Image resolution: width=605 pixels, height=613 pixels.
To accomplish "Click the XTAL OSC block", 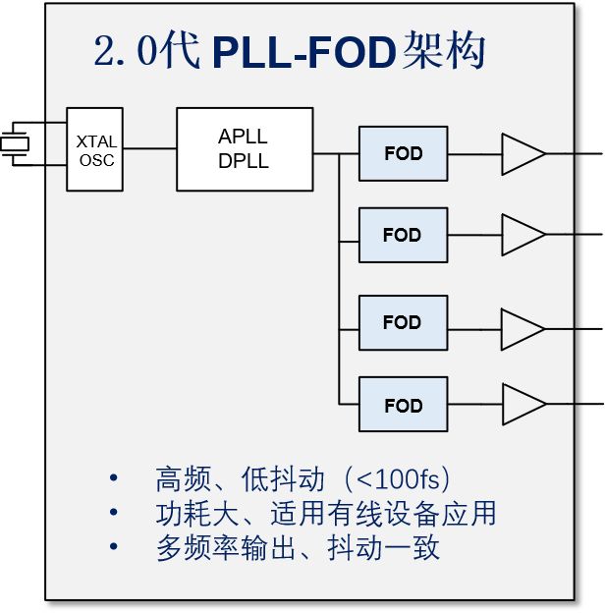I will click(95, 149).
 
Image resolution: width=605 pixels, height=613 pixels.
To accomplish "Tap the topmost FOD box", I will click(403, 154).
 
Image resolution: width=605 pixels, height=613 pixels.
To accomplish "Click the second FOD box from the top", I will click(403, 236).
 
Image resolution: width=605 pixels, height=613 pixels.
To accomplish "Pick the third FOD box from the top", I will click(403, 322).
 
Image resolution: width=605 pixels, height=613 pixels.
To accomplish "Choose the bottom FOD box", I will click(403, 405).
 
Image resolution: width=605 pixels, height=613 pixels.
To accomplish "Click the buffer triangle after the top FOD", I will click(522, 154).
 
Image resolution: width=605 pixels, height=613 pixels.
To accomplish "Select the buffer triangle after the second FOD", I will click(522, 236).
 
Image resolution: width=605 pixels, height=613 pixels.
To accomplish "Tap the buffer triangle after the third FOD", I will click(522, 328).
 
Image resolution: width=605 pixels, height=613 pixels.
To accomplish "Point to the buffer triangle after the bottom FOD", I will click(522, 404).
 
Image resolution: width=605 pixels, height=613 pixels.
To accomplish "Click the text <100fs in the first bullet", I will click(401, 480).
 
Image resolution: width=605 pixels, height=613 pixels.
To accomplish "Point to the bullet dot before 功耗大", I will click(114, 513).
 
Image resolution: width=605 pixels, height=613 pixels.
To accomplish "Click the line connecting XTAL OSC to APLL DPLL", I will click(150, 149).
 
